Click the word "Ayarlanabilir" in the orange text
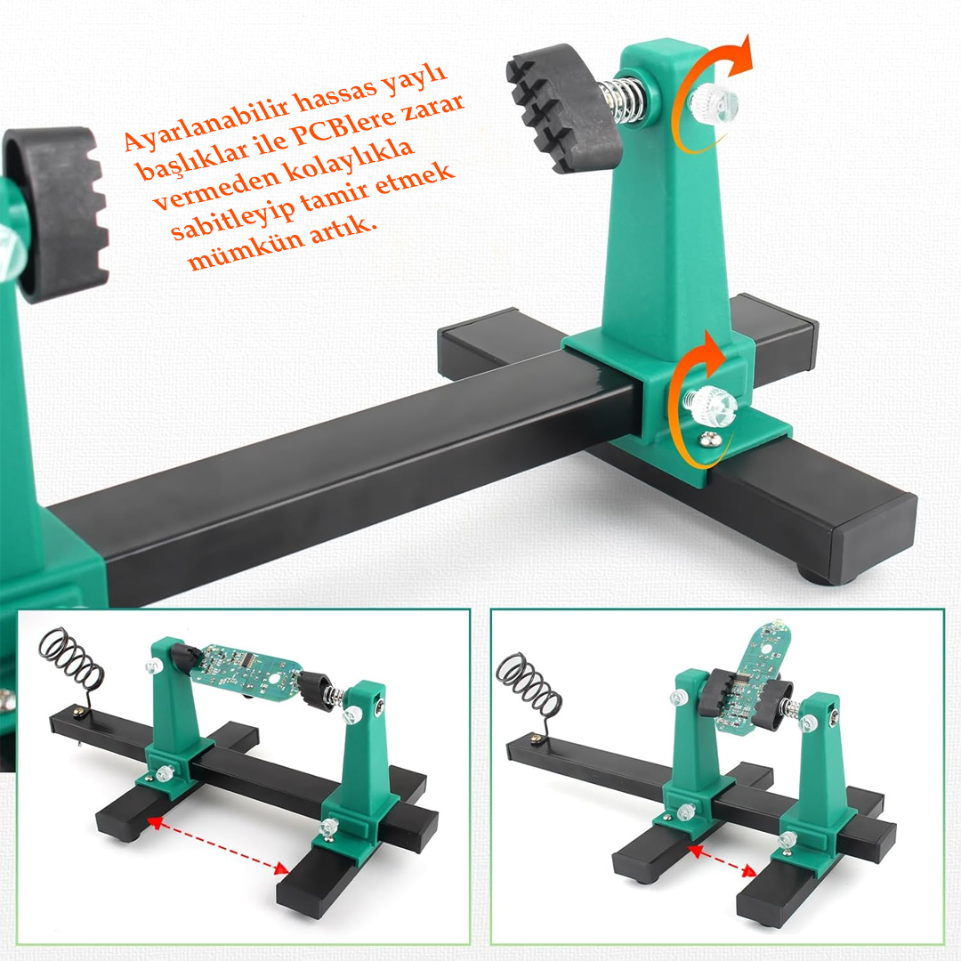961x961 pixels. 206,122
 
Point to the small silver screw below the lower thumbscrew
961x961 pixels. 710,439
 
